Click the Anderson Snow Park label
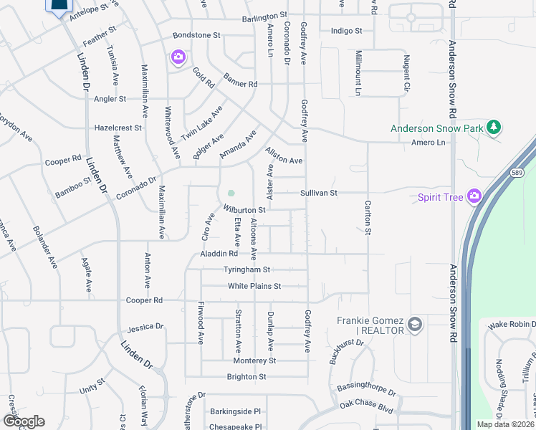[436, 129]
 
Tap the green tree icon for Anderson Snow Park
[493, 128]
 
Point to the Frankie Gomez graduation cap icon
[414, 326]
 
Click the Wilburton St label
[244, 210]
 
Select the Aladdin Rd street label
[219, 254]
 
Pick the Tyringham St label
[246, 270]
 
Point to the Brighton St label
[246, 377]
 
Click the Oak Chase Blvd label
[368, 406]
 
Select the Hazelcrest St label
[118, 128]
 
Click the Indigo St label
[347, 31]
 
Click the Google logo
[23, 421]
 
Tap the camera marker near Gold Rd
[178, 57]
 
